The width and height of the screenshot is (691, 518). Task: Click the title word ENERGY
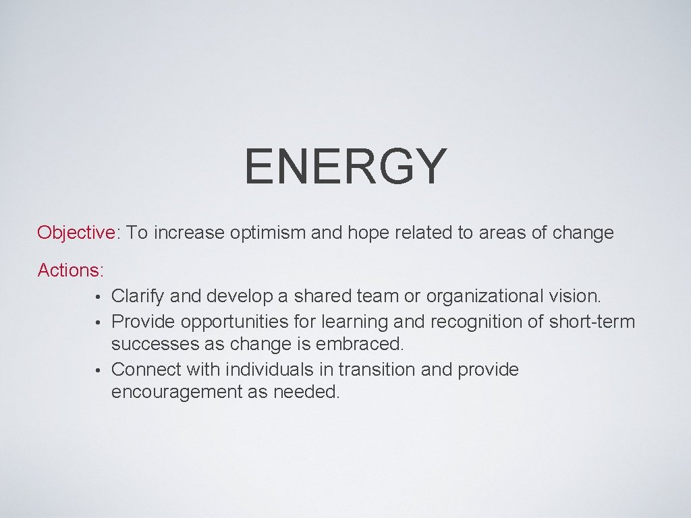pyautogui.click(x=345, y=167)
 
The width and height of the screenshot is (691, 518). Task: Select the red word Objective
pyautogui.click(x=76, y=233)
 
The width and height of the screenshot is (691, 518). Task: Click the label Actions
pyautogui.click(x=70, y=270)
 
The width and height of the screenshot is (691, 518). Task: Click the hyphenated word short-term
pyautogui.click(x=592, y=322)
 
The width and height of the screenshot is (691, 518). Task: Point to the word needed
pyautogui.click(x=306, y=393)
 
